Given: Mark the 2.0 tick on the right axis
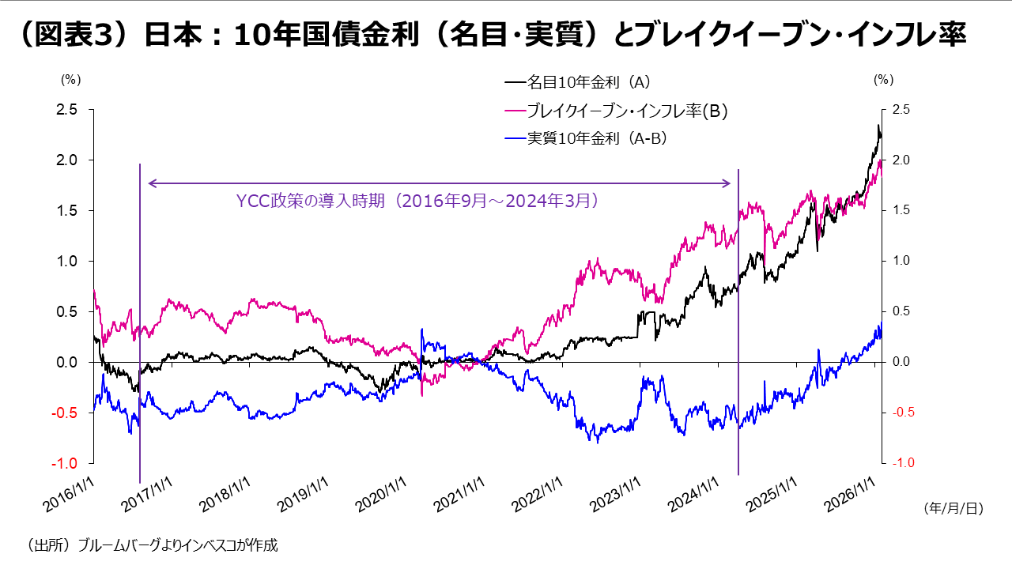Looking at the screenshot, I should (x=901, y=160).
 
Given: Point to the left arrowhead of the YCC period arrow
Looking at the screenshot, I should (x=150, y=183).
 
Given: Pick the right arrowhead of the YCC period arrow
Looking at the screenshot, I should (x=728, y=183).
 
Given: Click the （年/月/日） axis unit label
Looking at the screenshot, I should (x=953, y=510).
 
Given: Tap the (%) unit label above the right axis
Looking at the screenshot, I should (x=883, y=80).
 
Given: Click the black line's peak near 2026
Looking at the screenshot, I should (x=878, y=126).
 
